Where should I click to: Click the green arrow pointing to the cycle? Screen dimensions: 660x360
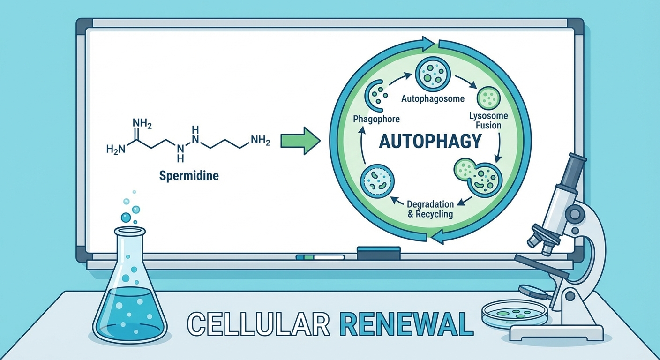(300, 140)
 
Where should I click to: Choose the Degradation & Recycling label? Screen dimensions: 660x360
(430, 209)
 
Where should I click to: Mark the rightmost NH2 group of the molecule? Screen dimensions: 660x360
(260, 140)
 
